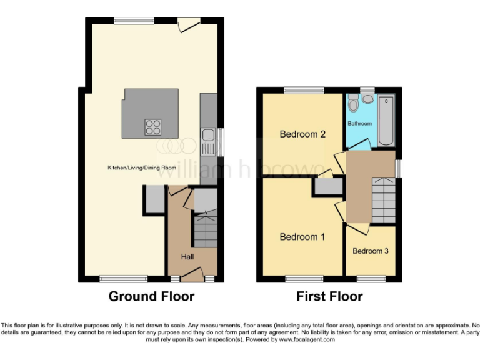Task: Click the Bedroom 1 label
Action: (x=302, y=237)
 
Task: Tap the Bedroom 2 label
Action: (x=302, y=134)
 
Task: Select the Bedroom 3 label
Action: (x=371, y=251)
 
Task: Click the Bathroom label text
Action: (x=360, y=124)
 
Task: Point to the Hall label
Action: (x=187, y=257)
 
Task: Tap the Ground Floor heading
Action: (x=151, y=296)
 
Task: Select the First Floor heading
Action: (x=329, y=296)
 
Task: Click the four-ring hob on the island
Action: (x=153, y=126)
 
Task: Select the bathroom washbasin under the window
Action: (x=367, y=98)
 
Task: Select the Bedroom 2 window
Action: (x=304, y=90)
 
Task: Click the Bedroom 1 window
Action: (x=304, y=277)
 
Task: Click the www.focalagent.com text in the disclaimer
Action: (x=307, y=340)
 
